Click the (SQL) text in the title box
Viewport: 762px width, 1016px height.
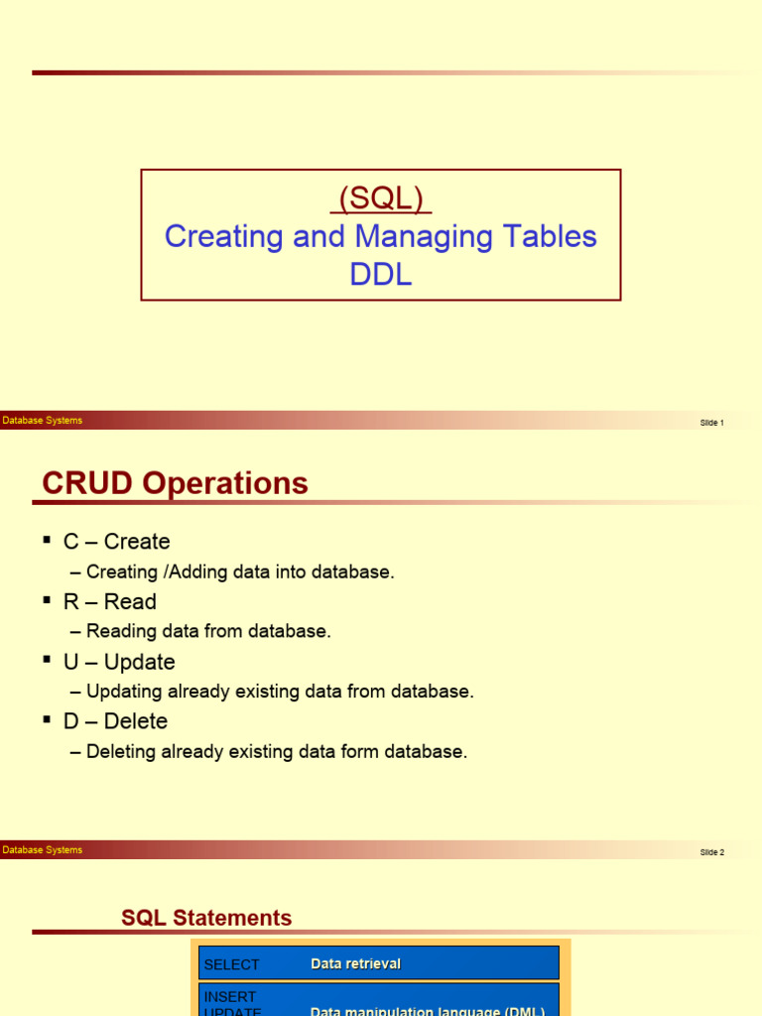click(381, 199)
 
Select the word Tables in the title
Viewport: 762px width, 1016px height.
click(551, 237)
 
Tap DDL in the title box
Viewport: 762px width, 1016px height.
click(381, 275)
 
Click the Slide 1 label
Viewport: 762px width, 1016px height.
click(711, 423)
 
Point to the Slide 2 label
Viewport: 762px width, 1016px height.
click(711, 852)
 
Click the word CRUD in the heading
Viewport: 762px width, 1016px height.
click(88, 484)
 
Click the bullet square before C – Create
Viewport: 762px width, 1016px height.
click(47, 539)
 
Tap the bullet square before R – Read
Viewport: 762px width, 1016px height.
click(47, 599)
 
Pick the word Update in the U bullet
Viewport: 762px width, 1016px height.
click(139, 662)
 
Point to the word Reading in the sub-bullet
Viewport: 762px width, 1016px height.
click(119, 632)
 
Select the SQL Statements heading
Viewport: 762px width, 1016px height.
click(206, 919)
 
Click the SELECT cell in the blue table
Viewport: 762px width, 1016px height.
click(231, 964)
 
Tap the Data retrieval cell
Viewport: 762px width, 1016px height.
click(355, 964)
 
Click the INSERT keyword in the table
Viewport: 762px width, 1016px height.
click(230, 996)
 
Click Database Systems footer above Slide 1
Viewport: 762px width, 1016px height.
click(43, 421)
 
